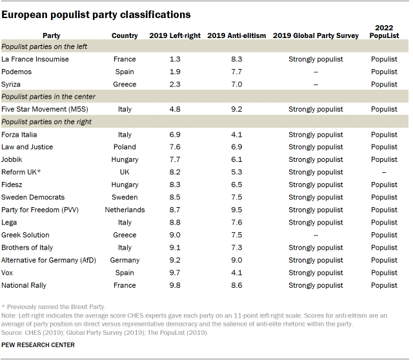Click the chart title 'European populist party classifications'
coord(96,14)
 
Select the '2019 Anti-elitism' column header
coord(237,35)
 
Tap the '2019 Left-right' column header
coord(175,35)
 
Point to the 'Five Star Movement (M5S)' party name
coord(45,109)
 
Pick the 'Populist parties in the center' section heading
coord(48,97)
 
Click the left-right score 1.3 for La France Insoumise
coord(175,59)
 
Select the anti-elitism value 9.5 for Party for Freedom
coord(237,210)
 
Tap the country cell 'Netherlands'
coord(125,210)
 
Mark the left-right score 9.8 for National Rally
coord(175,285)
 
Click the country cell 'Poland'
coord(125,147)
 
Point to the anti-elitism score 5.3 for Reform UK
coord(237,172)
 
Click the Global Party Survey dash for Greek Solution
coord(316,235)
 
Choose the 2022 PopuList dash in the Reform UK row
coord(384,172)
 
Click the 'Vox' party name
coord(8,273)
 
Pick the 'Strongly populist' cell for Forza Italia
coord(316,135)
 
